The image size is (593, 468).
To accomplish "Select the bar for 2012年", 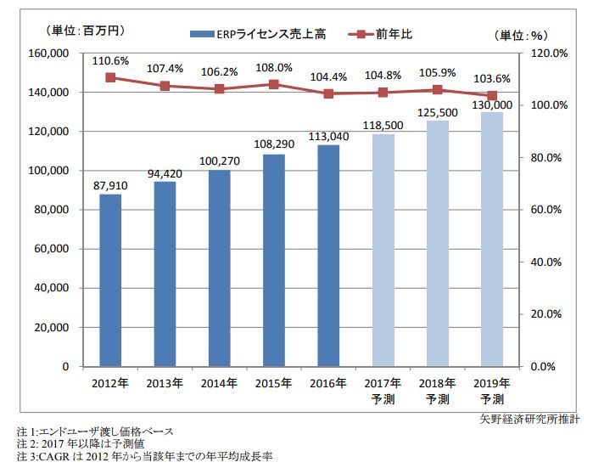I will click(x=110, y=280).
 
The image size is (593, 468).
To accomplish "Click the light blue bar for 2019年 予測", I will click(x=492, y=240).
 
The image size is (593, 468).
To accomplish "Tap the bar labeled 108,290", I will click(x=274, y=260).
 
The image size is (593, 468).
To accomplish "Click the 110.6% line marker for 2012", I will click(x=110, y=77).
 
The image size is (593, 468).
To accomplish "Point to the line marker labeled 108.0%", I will click(x=274, y=84).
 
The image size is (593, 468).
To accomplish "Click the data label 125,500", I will click(x=438, y=110).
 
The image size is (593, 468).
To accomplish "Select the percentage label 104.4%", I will click(x=328, y=76).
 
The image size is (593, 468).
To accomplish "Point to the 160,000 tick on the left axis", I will click(x=49, y=53).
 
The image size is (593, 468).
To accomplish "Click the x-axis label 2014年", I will click(x=219, y=383).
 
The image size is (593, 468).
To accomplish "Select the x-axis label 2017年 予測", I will click(x=383, y=390).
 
